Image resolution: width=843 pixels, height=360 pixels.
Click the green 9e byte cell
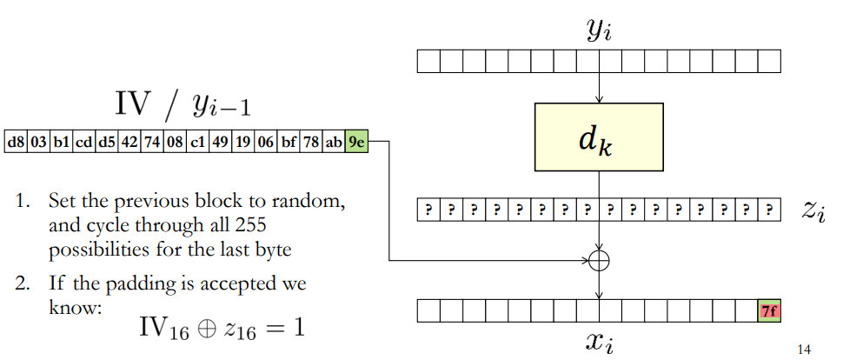click(356, 142)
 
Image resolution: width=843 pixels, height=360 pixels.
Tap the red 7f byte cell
click(769, 311)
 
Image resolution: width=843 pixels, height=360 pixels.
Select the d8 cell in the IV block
click(16, 142)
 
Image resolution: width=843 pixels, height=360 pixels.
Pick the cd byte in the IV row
click(84, 142)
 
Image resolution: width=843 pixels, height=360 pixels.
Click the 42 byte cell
click(129, 142)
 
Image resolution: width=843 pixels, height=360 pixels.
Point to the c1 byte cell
click(197, 142)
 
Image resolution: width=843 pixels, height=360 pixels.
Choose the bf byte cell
click(288, 142)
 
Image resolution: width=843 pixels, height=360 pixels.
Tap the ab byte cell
click(334, 142)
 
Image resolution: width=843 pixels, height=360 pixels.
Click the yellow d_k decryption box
click(599, 137)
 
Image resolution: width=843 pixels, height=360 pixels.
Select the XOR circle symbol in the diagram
click(599, 261)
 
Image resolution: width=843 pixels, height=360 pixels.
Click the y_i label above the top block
click(600, 32)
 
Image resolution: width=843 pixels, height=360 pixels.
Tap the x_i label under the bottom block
click(600, 343)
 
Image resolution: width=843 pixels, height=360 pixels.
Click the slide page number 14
click(804, 350)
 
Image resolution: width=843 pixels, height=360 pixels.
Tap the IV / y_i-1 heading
click(183, 104)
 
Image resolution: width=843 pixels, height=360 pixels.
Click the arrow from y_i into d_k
click(599, 88)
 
